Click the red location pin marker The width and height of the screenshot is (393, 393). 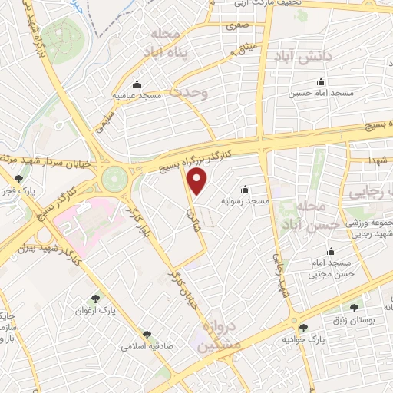point(198,182)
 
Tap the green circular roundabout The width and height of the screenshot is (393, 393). point(117,178)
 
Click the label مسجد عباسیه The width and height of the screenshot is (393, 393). point(136,96)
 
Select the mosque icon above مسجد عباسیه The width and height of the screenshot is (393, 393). point(137,84)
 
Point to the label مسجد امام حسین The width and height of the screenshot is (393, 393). point(320,94)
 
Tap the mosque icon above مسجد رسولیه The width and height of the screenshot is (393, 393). point(245,189)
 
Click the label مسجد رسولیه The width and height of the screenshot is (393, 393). point(245,201)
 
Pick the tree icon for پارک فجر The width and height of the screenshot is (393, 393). point(19,178)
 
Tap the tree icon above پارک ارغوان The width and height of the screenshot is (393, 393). point(95,299)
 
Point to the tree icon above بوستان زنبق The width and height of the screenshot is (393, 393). point(354,306)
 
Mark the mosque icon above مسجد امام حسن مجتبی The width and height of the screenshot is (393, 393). point(331,251)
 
